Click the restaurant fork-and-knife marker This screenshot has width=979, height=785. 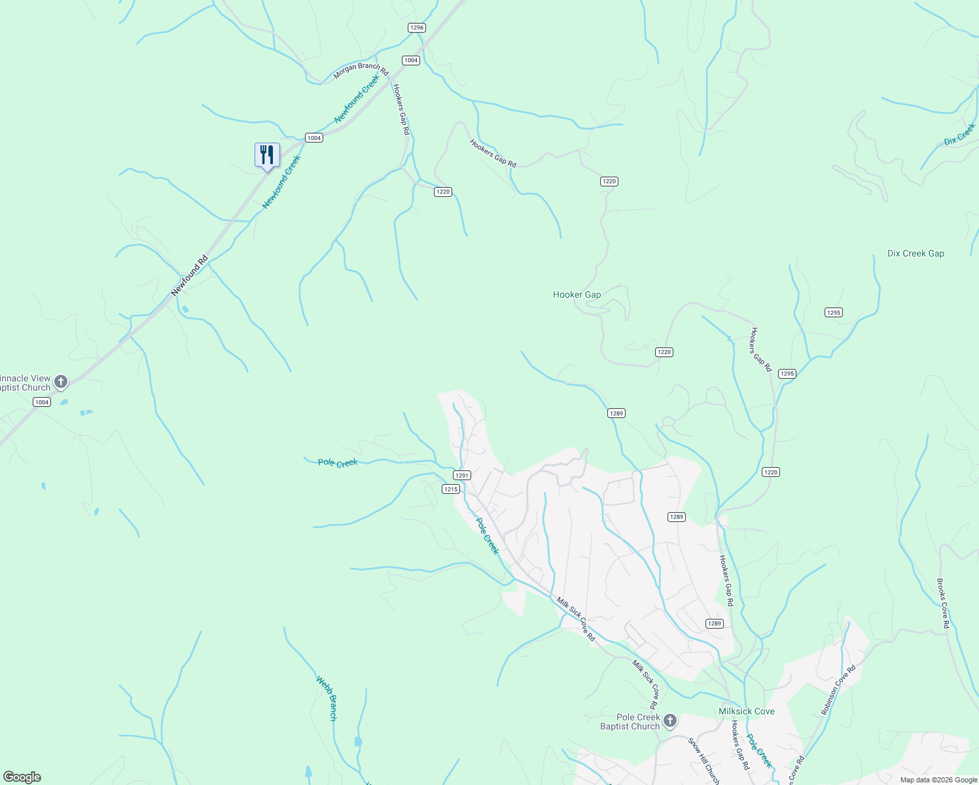[267, 155]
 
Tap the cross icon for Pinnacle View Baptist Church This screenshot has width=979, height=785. [61, 382]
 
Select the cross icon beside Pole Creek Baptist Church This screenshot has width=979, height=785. [669, 721]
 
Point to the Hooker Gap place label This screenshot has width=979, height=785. [577, 294]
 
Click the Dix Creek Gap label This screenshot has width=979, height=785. [916, 253]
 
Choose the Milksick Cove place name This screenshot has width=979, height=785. [746, 711]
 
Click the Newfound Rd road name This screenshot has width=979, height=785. [189, 275]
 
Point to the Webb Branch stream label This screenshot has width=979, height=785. [327, 698]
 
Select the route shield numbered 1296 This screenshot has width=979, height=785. [416, 27]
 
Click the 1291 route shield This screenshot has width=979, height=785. [462, 476]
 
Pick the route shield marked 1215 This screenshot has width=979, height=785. [451, 489]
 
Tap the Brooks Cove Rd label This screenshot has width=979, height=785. [943, 603]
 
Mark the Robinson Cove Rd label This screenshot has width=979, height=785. [838, 690]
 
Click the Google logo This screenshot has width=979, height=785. [22, 777]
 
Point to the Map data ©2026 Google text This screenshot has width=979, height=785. [938, 780]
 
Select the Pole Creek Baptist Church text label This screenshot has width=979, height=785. [630, 722]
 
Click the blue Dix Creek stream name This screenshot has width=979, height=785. [959, 134]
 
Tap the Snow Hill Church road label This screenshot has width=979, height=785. [704, 760]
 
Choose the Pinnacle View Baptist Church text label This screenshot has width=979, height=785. [25, 383]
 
